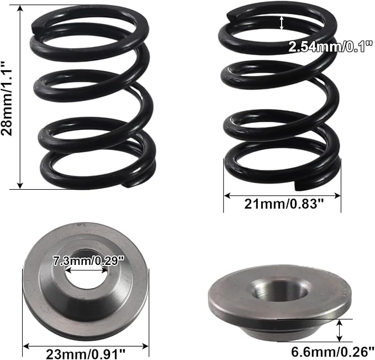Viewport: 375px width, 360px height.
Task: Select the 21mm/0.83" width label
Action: click(x=284, y=204)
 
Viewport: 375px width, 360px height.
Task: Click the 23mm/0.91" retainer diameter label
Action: click(x=86, y=354)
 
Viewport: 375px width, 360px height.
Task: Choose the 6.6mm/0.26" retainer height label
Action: click(x=332, y=352)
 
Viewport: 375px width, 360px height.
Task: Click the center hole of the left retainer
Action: click(x=86, y=269)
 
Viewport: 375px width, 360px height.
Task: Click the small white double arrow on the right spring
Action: click(x=282, y=23)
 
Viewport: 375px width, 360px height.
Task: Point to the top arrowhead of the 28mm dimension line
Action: click(x=20, y=8)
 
